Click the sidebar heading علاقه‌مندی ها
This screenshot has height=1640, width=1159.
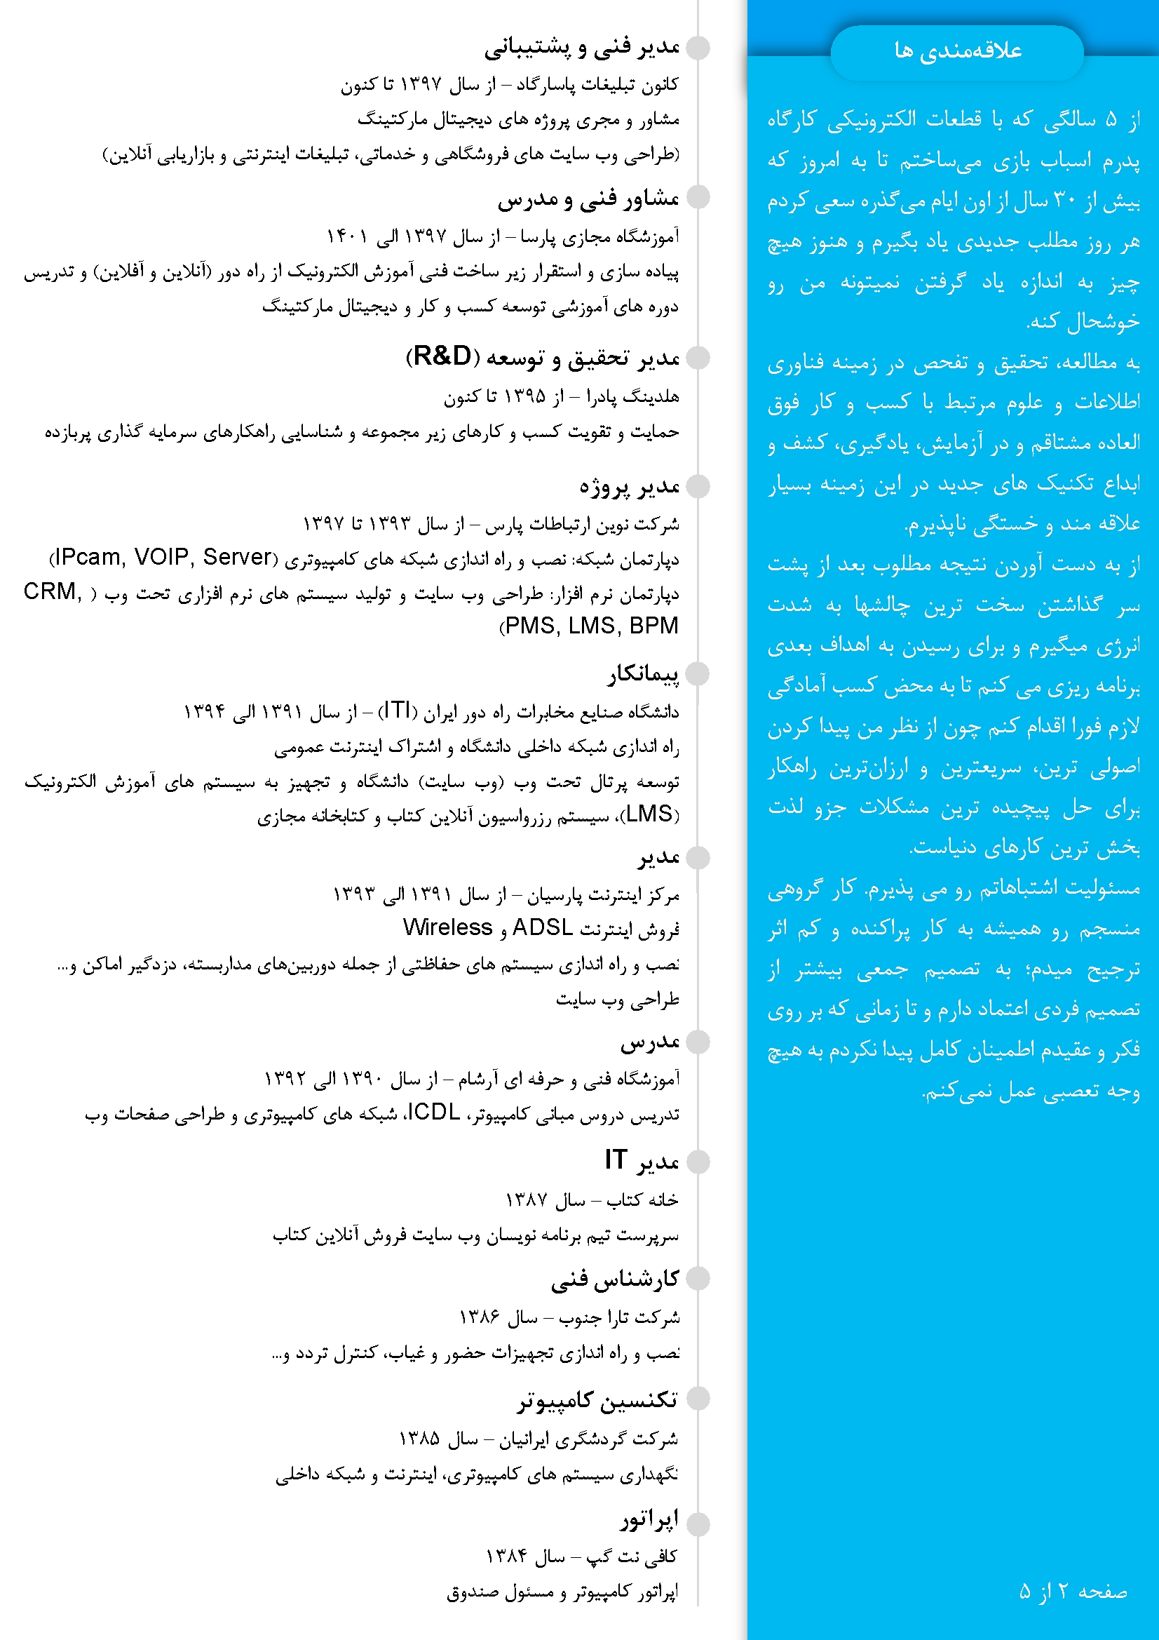[958, 51]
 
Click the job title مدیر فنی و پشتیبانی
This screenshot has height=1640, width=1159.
[581, 47]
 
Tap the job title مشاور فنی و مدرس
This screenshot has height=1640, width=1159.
[588, 199]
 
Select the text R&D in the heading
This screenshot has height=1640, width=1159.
[442, 356]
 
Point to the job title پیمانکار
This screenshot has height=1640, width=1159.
[643, 673]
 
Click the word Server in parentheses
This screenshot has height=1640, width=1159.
[237, 556]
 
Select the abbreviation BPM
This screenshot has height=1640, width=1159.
[653, 626]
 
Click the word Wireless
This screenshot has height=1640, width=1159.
[447, 927]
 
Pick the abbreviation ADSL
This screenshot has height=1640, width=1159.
[542, 927]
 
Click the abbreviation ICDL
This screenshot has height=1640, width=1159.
[433, 1112]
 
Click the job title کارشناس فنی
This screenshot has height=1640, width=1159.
[614, 1279]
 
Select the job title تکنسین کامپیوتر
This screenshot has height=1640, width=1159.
[597, 1399]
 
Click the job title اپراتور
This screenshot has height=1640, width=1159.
[649, 1519]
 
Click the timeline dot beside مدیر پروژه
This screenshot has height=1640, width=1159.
[698, 487]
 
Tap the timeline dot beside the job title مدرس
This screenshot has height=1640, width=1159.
[698, 1042]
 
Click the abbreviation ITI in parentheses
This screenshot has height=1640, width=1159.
[397, 710]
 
